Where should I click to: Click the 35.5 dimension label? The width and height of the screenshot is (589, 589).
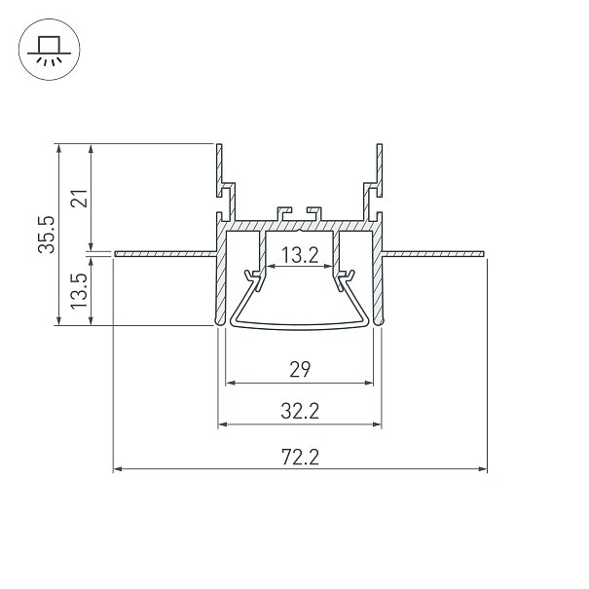click(x=47, y=235)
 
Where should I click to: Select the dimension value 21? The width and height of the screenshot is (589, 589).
click(x=80, y=199)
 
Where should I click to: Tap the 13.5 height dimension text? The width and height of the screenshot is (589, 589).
click(x=80, y=291)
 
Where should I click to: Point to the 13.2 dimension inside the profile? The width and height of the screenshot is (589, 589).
click(x=300, y=255)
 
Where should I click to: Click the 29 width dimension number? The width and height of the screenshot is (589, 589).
click(x=300, y=369)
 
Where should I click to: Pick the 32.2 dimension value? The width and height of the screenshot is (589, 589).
click(x=300, y=411)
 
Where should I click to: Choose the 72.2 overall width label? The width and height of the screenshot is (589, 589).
click(x=300, y=458)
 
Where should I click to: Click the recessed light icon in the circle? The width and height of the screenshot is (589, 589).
click(x=50, y=50)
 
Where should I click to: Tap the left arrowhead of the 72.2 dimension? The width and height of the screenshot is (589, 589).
click(x=118, y=469)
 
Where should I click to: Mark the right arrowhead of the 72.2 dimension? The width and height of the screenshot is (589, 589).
click(x=483, y=469)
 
